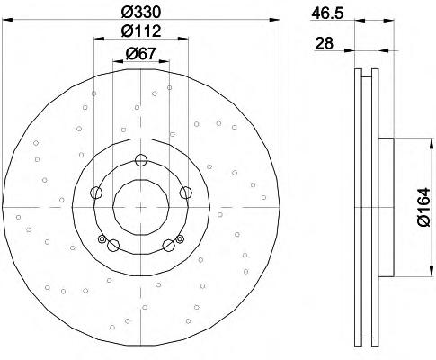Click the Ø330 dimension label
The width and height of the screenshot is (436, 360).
[141, 13]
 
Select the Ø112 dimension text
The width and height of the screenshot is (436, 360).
[141, 31]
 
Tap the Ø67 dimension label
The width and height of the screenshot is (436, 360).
[141, 54]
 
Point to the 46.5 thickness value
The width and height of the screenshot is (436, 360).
[327, 13]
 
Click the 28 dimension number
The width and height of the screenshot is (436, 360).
[325, 44]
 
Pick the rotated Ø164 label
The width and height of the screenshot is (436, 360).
[423, 207]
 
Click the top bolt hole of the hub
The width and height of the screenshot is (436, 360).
[140, 160]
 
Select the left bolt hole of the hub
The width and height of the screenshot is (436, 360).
[96, 193]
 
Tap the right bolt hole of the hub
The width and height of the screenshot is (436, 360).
[185, 193]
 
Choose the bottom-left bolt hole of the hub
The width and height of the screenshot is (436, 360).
[113, 245]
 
